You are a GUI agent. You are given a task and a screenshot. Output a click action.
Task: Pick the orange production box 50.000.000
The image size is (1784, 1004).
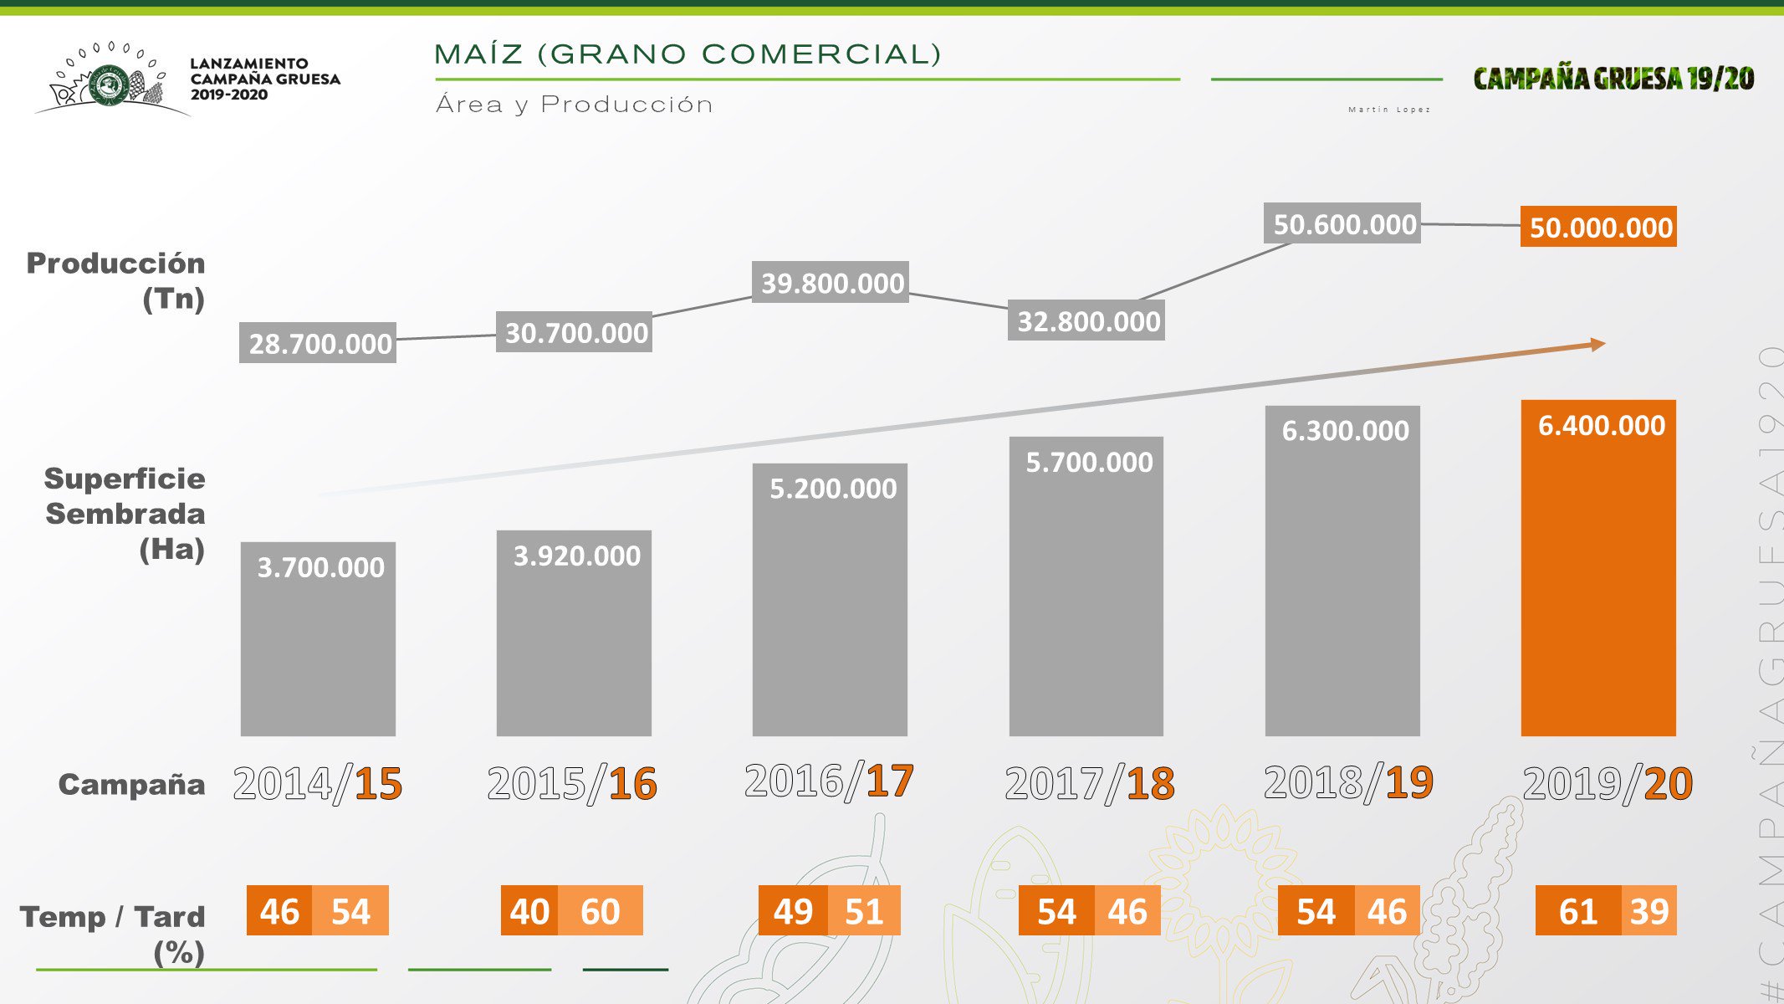[1598, 227]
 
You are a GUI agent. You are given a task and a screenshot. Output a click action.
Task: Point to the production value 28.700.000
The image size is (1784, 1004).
[318, 343]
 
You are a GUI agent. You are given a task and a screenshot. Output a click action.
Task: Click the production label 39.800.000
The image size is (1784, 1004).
[831, 283]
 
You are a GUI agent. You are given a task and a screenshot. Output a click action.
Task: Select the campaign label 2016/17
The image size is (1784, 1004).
[829, 781]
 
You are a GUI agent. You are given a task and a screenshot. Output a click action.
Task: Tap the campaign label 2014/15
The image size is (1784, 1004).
[318, 784]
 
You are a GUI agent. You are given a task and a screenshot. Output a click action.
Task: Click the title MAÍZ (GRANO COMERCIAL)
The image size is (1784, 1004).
[688, 54]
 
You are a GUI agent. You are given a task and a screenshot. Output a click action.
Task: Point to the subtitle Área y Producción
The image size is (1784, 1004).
[575, 105]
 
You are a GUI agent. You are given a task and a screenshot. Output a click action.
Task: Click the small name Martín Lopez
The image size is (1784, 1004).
[1389, 110]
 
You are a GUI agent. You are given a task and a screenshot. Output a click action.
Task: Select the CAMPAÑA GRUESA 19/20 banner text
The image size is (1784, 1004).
[1613, 79]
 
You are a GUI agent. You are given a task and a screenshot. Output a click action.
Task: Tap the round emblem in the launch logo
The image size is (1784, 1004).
[108, 85]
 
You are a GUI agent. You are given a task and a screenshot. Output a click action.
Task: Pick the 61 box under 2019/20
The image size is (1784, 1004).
[1577, 910]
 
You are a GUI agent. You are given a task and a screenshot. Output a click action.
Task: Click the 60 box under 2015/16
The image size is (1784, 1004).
[601, 910]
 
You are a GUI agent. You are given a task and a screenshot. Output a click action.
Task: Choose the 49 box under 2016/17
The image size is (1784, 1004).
[793, 910]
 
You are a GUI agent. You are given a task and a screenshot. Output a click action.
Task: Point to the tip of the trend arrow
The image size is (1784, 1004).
[1603, 344]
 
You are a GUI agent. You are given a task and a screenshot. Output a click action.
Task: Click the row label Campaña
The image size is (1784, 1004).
[131, 785]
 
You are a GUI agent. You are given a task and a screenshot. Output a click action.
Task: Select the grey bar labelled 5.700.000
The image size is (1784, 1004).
[1086, 586]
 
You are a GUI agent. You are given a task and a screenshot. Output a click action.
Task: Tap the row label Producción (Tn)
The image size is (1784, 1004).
[116, 280]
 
